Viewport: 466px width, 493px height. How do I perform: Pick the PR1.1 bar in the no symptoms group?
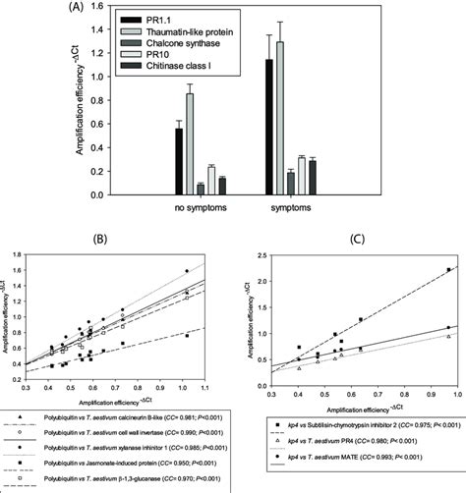click(179, 162)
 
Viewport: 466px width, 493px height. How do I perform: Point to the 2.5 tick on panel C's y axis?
click(275, 254)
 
